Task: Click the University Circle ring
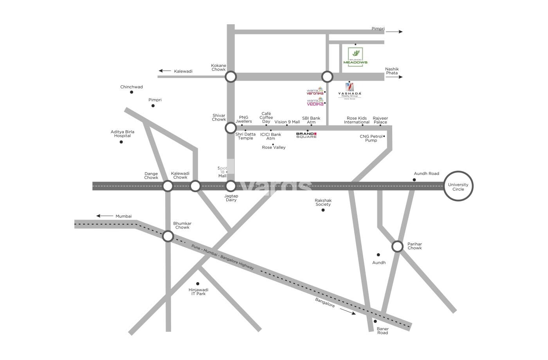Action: (458, 186)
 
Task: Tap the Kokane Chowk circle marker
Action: (231, 77)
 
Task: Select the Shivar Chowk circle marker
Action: (231, 128)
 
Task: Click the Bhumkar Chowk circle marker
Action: (168, 236)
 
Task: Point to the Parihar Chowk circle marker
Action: (397, 247)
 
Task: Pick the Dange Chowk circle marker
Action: (168, 186)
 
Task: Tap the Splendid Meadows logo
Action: (355, 57)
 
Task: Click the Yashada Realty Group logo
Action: (350, 90)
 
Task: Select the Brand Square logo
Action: (306, 135)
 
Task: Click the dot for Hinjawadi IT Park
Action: (198, 284)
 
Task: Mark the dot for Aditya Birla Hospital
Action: (121, 142)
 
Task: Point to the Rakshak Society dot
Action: (323, 210)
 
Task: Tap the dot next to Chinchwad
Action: (132, 92)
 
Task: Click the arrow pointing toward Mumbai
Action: (104, 216)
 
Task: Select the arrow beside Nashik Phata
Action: (394, 77)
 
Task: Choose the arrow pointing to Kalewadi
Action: (165, 71)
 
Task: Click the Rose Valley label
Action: (274, 148)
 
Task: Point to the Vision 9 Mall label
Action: (287, 122)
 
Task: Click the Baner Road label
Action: (382, 331)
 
